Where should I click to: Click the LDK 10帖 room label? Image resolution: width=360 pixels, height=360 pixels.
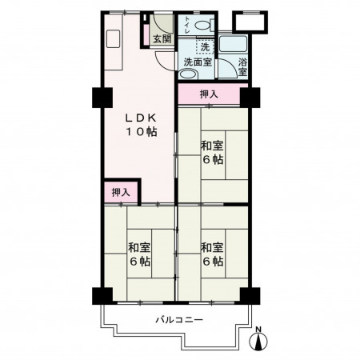(x=142, y=125)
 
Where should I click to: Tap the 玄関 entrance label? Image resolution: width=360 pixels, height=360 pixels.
(x=162, y=39)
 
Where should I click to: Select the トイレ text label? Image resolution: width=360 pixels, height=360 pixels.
(x=187, y=25)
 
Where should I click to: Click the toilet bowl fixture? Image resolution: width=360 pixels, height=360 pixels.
(x=205, y=25)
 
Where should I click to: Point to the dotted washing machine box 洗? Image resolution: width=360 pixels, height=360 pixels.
(x=205, y=46)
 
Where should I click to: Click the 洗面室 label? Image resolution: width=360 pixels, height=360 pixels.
(x=198, y=62)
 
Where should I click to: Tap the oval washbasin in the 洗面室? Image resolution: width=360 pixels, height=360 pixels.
(x=187, y=74)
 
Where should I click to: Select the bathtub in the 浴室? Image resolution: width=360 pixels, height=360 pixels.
(x=233, y=44)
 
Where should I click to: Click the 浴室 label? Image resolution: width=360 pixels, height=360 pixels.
(x=242, y=67)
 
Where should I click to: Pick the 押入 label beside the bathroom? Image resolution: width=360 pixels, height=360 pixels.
(x=209, y=94)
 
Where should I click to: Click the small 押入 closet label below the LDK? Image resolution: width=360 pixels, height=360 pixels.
(x=121, y=192)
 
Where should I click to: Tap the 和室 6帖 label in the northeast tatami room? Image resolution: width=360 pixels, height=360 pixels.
(x=212, y=153)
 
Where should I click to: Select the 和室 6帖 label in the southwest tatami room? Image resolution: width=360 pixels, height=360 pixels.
(x=139, y=254)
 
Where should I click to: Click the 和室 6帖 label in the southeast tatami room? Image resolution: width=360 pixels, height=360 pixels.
(x=212, y=254)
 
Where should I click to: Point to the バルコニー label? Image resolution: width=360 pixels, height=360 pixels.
(x=179, y=319)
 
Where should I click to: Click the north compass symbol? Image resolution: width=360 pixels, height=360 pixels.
(x=258, y=339)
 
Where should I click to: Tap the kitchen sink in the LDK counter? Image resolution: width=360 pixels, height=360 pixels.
(x=114, y=39)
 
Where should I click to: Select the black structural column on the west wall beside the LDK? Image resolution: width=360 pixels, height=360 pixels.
(x=102, y=98)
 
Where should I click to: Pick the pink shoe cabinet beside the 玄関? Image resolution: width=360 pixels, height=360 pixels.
(x=146, y=35)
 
